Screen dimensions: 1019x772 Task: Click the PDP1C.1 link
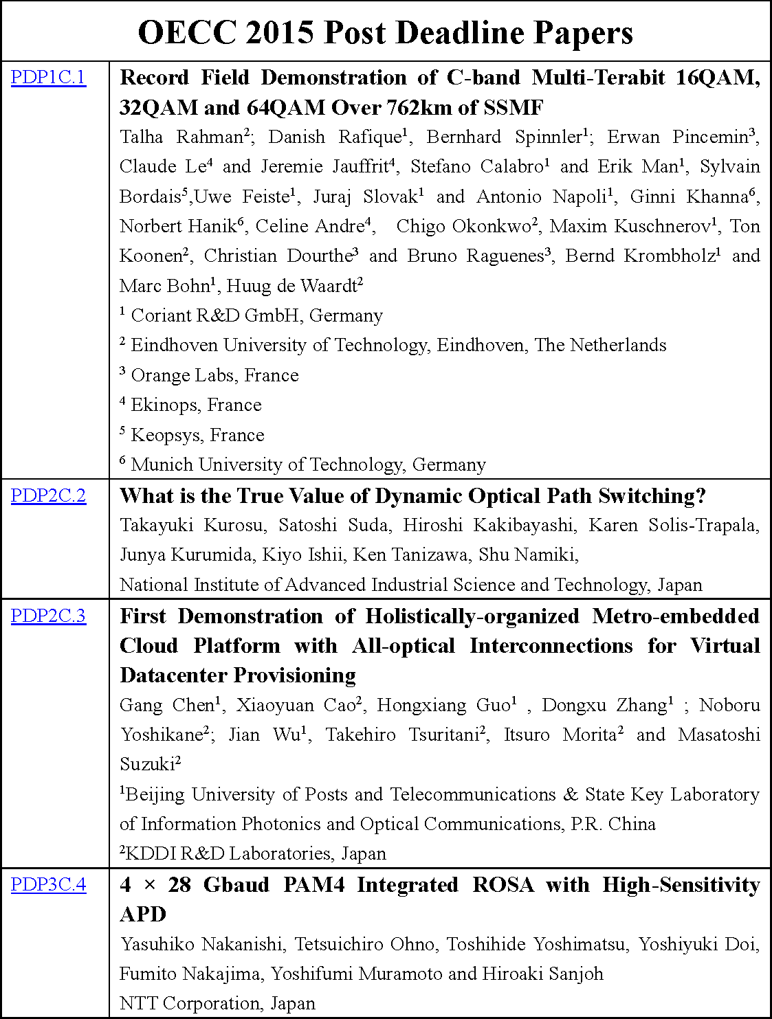(x=48, y=77)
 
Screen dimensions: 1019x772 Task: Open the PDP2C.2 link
(x=48, y=495)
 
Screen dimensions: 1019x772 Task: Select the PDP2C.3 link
(x=48, y=616)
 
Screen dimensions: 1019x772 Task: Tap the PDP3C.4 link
(x=48, y=884)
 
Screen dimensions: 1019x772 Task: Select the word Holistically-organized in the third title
(x=472, y=616)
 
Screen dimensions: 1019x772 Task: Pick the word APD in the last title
(x=143, y=914)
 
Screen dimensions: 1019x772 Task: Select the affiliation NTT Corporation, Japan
(x=217, y=1003)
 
